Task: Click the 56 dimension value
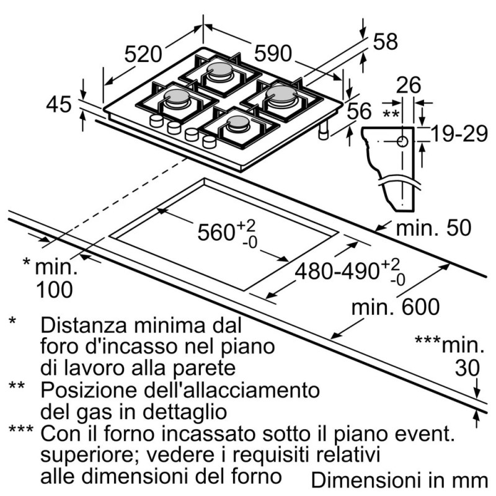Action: (x=358, y=111)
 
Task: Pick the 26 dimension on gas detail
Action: (x=407, y=84)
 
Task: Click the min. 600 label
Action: (x=394, y=306)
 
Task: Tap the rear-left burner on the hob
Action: (x=218, y=71)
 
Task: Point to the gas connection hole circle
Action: (x=402, y=141)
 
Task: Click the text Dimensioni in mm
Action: (x=397, y=480)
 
